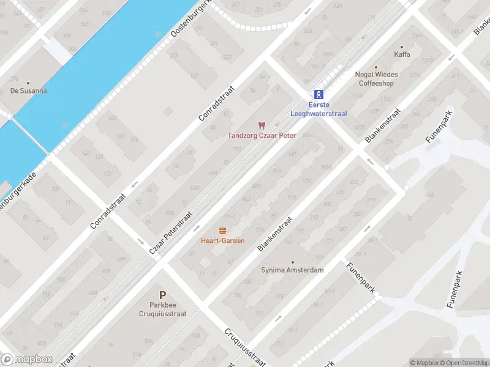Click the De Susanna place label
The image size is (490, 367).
29,91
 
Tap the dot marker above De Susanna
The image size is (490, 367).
29,82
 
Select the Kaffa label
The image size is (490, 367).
402,54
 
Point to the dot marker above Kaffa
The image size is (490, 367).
402,46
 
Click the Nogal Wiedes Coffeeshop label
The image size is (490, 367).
376,79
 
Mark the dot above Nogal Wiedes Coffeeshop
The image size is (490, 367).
376,67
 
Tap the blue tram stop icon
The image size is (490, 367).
318,94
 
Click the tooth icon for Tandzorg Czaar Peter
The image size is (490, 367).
262,125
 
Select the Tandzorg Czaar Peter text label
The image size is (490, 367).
262,135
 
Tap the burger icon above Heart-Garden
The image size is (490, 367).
222,231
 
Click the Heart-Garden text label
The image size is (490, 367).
222,240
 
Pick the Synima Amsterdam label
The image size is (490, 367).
292,270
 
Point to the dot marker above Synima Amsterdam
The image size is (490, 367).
292,261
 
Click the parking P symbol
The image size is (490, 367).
162,295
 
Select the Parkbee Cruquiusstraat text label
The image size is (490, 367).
162,309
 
